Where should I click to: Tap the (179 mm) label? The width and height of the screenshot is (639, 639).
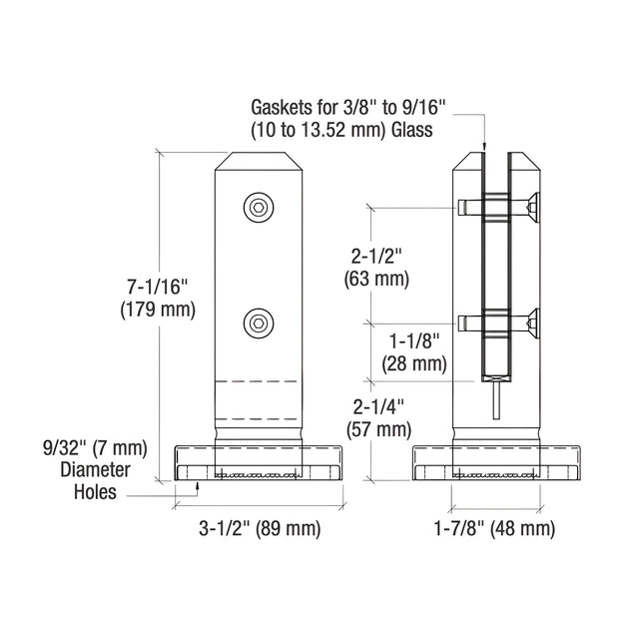pos(158,310)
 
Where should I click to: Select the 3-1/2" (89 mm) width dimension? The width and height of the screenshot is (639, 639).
pos(260,528)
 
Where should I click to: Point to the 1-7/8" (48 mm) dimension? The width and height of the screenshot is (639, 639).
pos(494,528)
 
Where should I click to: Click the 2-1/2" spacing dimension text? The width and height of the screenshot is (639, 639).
pos(376,258)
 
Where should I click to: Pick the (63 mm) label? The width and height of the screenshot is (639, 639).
pos(376,280)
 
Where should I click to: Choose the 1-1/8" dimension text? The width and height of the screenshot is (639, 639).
pos(415,340)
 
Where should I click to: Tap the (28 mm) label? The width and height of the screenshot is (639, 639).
pos(414,363)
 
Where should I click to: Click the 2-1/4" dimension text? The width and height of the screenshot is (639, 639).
pos(378,407)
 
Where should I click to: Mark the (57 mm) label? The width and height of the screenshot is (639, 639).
pos(378,429)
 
